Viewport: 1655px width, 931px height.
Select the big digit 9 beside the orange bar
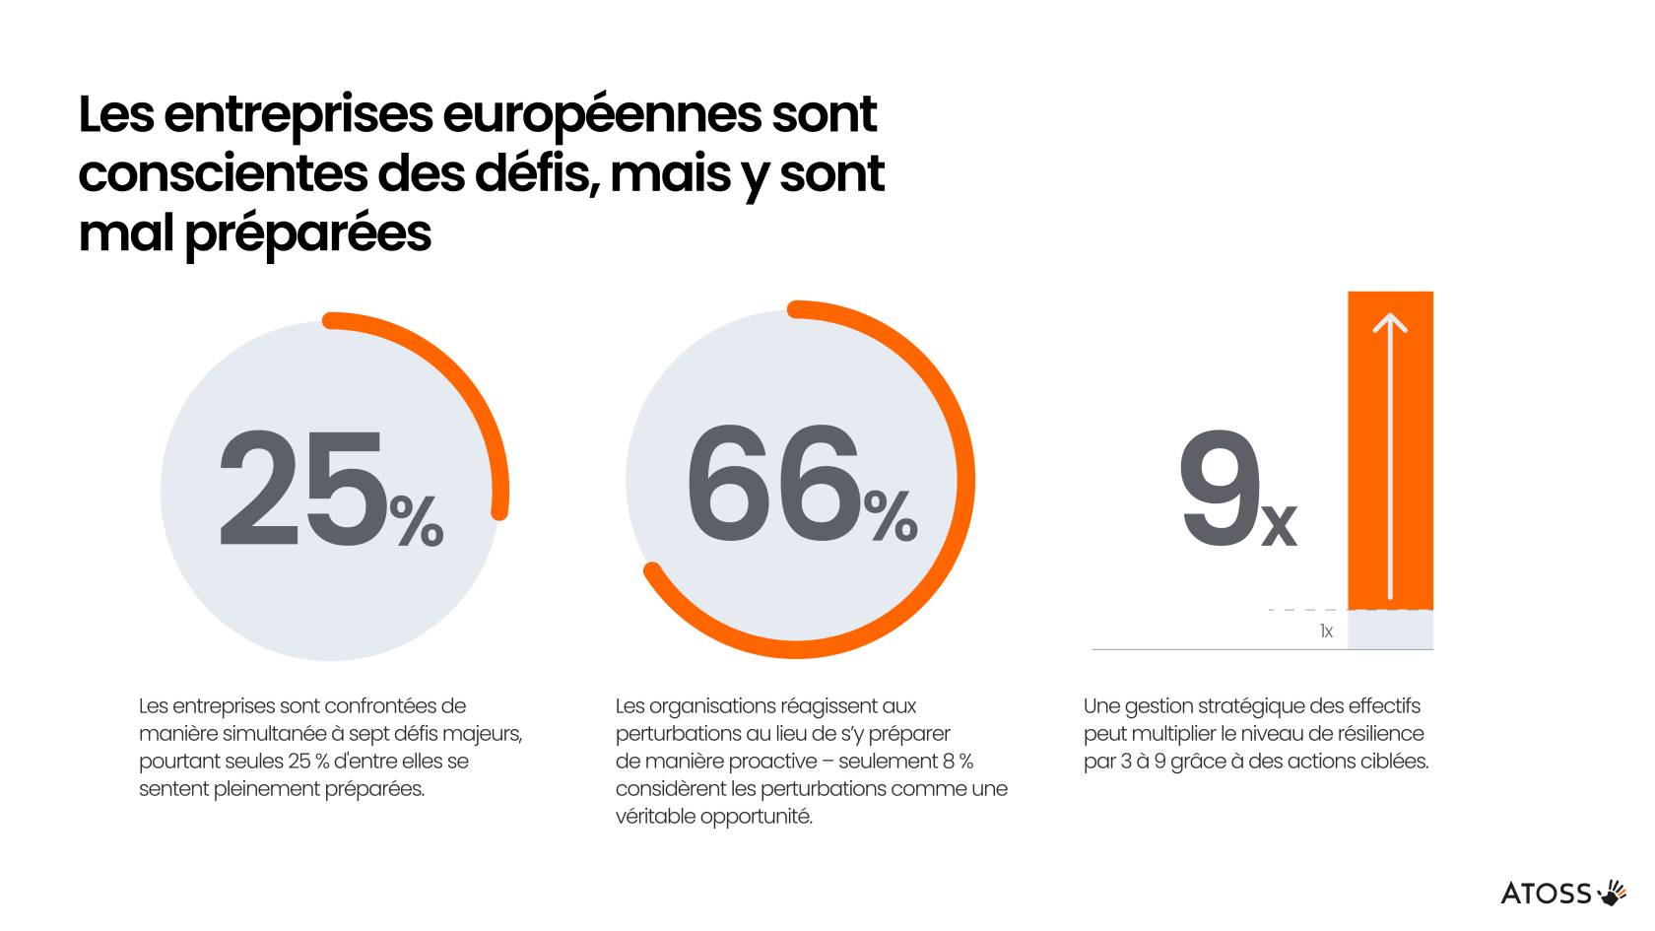click(x=1220, y=489)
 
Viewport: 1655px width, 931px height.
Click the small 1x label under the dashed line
click(x=1326, y=632)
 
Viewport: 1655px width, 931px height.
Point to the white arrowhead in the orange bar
click(x=1390, y=323)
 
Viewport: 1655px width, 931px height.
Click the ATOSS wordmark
click(x=1546, y=894)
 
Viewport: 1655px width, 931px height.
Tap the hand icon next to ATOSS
click(x=1613, y=893)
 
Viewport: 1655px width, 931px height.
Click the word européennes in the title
click(x=602, y=114)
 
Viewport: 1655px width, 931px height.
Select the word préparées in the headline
click(x=308, y=234)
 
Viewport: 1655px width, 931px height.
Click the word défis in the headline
click(x=538, y=174)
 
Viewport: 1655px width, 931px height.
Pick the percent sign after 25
click(x=417, y=521)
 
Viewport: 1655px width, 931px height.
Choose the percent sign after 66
click(x=891, y=516)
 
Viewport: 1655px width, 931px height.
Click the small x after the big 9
click(x=1279, y=525)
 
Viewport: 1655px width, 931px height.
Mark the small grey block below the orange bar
click(x=1390, y=630)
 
